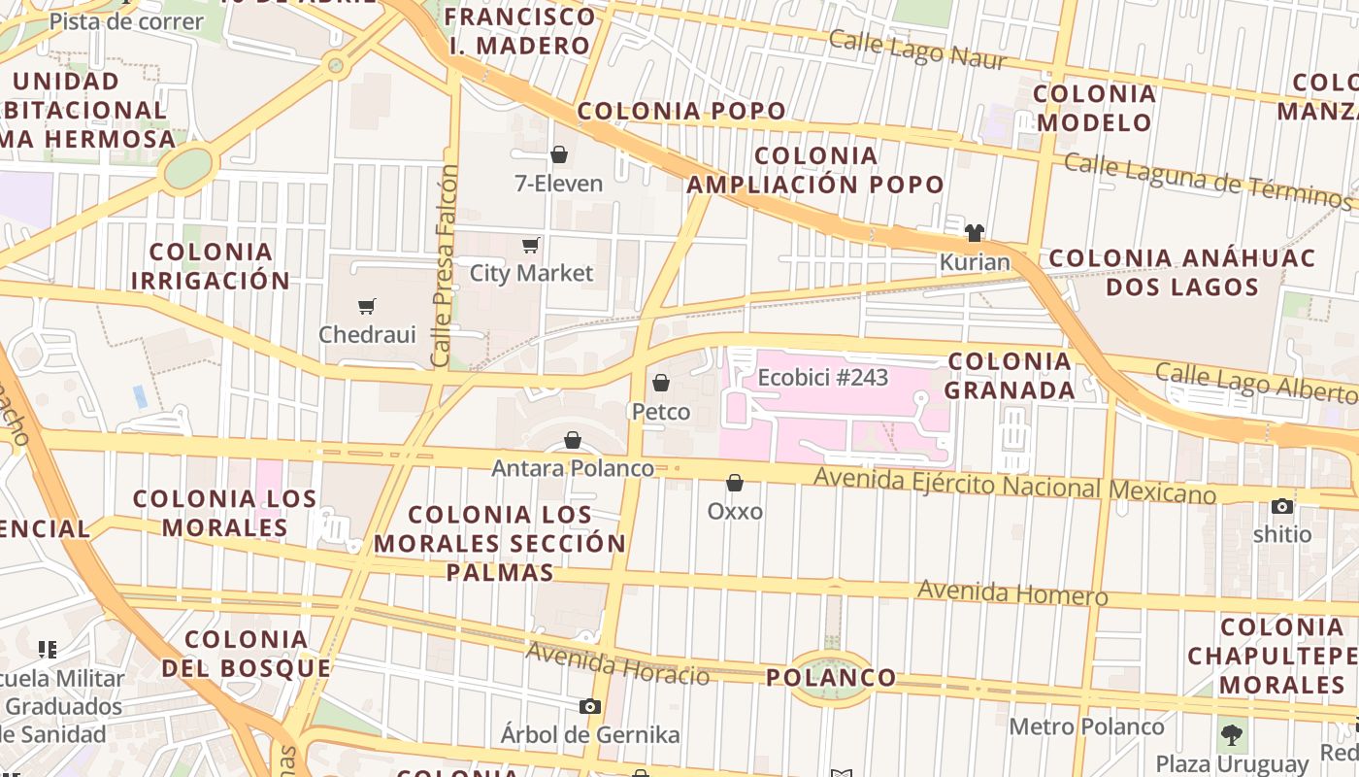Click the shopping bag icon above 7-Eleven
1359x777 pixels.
(x=559, y=154)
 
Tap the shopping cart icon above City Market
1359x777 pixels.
(x=530, y=245)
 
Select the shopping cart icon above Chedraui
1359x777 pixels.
(x=367, y=307)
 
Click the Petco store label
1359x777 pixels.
(x=661, y=412)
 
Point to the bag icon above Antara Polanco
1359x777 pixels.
(x=573, y=441)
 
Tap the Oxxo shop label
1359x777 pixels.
(x=735, y=511)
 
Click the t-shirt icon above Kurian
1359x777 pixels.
(x=975, y=233)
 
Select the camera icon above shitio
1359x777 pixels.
(x=1282, y=506)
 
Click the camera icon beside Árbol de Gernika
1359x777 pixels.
(x=590, y=706)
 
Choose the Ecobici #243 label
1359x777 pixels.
(x=823, y=377)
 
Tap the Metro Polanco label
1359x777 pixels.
(x=1086, y=726)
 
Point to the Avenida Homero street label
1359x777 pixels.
(x=1012, y=592)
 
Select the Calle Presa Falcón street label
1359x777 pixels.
(x=445, y=266)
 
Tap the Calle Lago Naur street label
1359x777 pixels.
(x=917, y=49)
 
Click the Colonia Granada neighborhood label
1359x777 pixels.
(x=1010, y=375)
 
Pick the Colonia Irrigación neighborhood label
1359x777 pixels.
(x=210, y=266)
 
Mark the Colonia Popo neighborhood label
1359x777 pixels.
(x=681, y=111)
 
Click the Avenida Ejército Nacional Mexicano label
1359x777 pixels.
(x=1014, y=486)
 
